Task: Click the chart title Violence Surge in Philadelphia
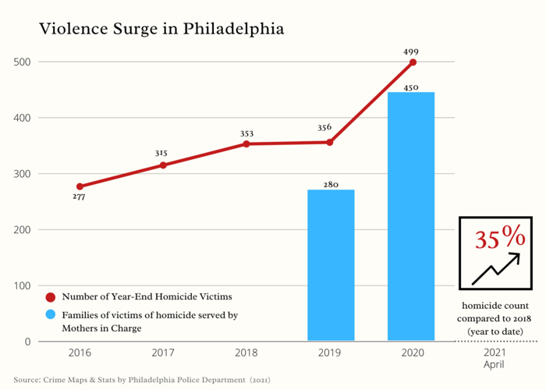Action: [161, 30]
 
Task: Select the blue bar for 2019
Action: [331, 265]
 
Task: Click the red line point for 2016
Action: [80, 186]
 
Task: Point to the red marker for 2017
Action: [162, 165]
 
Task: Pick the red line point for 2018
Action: [246, 144]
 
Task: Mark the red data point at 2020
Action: [413, 62]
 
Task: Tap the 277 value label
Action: [80, 198]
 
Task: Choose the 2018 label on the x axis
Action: [246, 353]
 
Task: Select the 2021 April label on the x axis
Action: [494, 358]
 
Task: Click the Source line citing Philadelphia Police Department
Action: [141, 380]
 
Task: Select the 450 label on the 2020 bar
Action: [412, 88]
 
